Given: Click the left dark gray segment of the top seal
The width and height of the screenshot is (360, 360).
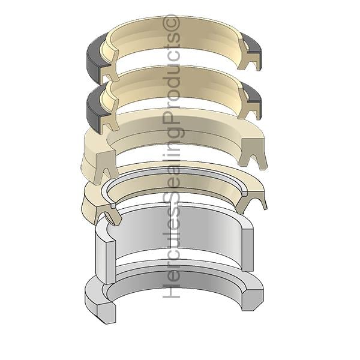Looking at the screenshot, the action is click(x=94, y=59).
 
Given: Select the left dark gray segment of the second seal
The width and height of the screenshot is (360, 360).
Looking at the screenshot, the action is click(x=95, y=110).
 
